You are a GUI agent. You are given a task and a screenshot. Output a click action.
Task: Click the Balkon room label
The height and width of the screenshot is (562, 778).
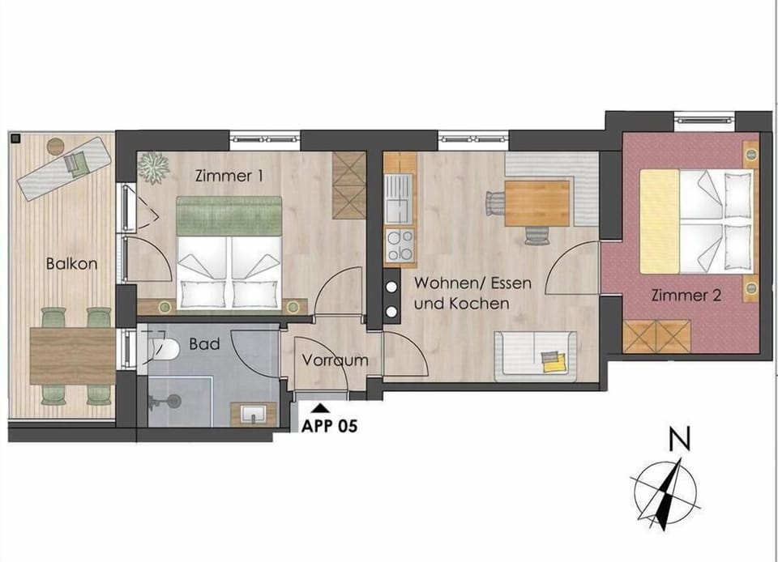(71, 263)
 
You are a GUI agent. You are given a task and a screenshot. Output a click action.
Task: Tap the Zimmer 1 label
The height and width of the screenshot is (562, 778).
(229, 175)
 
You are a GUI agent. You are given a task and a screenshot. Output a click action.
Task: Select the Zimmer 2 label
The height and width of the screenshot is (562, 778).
(686, 296)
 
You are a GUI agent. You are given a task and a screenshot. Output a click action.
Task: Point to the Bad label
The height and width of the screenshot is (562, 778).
(203, 344)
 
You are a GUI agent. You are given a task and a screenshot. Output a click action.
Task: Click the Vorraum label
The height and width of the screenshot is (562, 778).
(336, 360)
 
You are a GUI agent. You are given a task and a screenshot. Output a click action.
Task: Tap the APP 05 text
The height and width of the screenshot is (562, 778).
(329, 424)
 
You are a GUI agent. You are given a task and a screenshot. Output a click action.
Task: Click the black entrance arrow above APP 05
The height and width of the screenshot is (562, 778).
(321, 409)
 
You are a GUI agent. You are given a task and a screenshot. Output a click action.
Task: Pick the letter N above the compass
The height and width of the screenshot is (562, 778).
(680, 441)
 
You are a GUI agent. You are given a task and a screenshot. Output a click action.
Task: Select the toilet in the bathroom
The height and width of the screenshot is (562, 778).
(163, 349)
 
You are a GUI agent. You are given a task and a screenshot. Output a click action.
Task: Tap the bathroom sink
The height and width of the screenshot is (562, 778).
(254, 414)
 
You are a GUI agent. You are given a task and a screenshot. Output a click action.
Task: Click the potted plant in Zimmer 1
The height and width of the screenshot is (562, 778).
(152, 168)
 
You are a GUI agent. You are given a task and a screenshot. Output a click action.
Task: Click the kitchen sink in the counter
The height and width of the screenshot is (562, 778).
(398, 199)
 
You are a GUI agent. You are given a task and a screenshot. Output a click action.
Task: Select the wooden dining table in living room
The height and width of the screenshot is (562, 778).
(536, 202)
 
